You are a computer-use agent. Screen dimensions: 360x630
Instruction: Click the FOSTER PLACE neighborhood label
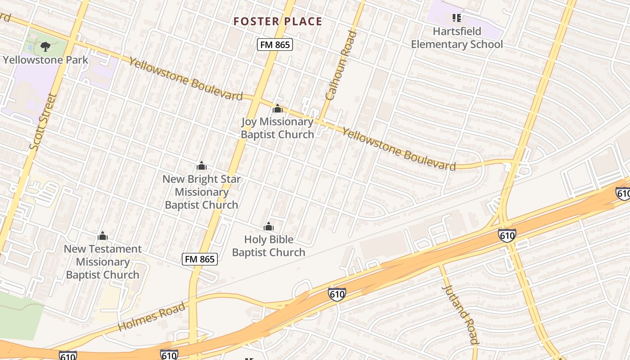coord(278,21)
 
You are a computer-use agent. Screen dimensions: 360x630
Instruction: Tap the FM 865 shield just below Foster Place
coord(275,45)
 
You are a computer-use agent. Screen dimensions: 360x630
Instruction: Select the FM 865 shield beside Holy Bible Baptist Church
coord(200,259)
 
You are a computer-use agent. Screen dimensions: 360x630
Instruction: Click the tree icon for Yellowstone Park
coord(45,46)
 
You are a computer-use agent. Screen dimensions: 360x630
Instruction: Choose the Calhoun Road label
coord(341,65)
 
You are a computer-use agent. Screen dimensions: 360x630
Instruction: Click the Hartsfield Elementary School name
coord(457,38)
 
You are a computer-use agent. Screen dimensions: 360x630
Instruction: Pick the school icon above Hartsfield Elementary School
coord(457,18)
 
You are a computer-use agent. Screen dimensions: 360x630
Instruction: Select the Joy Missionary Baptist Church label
coord(277,128)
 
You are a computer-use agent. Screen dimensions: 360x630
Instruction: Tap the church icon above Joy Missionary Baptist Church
coord(278,108)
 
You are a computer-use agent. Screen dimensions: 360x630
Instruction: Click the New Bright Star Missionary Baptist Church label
coord(201,192)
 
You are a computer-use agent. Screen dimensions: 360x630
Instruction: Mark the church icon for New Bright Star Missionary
coord(202,166)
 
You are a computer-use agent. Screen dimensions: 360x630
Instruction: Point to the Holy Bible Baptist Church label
coord(269,246)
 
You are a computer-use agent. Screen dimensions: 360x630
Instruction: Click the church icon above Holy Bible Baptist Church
coord(269,226)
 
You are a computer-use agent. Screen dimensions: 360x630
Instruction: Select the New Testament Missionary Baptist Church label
coord(103,262)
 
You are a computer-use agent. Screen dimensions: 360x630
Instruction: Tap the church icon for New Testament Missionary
coord(103,236)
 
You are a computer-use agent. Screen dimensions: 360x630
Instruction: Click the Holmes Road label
coord(152,317)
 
